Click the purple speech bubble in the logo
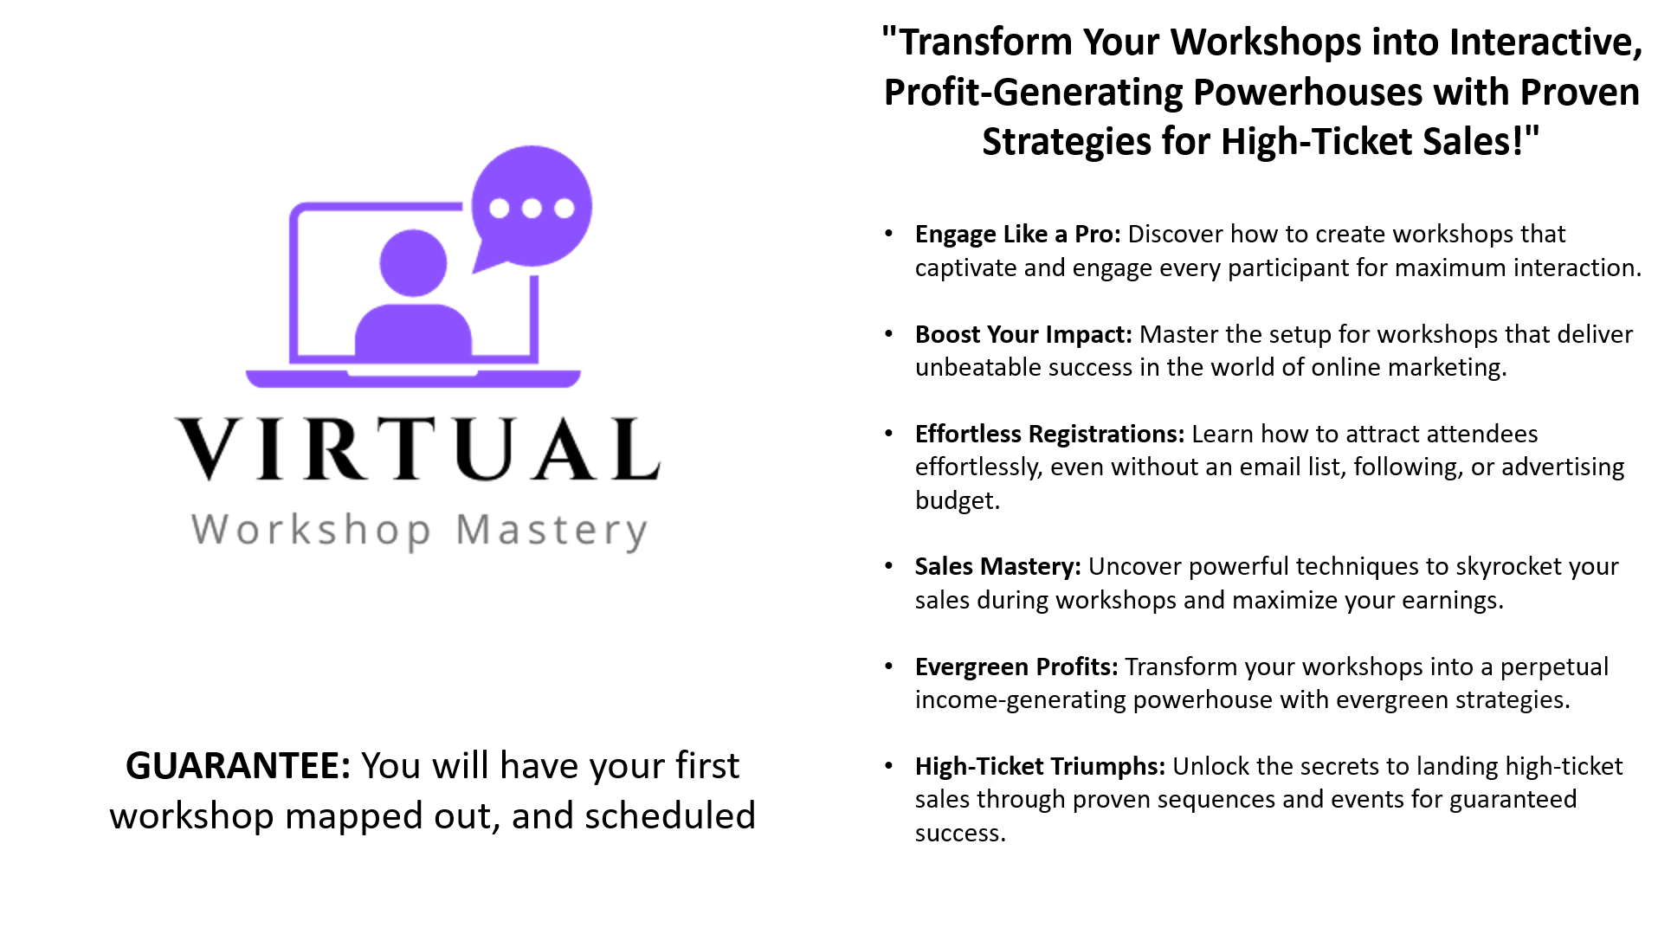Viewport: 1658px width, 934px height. (x=532, y=207)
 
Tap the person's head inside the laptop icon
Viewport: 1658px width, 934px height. (x=414, y=263)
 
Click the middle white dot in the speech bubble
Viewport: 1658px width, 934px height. (x=532, y=208)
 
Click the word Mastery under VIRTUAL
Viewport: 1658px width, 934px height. (x=552, y=531)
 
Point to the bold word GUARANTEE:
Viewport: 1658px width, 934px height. (x=238, y=765)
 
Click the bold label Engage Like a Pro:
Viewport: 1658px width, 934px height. (x=1018, y=235)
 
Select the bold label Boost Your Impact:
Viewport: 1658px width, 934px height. (x=1023, y=334)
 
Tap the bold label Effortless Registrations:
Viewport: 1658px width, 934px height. (x=1049, y=434)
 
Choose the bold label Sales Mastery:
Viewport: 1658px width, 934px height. (x=998, y=567)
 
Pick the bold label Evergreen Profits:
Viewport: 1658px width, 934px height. (x=1016, y=667)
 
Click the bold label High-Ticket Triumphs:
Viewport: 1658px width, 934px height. (x=1040, y=767)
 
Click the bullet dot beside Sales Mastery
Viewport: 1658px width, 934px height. (x=888, y=566)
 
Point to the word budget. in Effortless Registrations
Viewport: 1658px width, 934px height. (x=958, y=501)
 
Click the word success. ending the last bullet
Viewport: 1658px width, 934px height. (x=961, y=834)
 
